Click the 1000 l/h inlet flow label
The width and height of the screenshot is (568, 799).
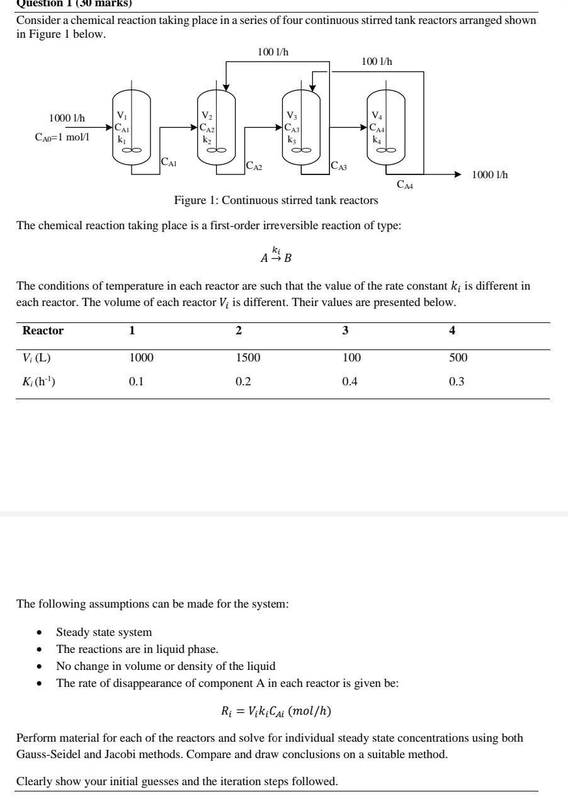click(67, 118)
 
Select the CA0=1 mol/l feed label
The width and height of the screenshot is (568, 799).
click(62, 137)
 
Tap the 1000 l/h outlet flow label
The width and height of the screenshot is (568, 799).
click(489, 174)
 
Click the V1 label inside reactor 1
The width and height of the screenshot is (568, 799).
click(122, 116)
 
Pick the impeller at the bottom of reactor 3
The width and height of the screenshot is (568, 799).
click(300, 150)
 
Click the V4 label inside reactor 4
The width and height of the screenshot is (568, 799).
click(377, 116)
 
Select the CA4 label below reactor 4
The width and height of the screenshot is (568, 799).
click(405, 184)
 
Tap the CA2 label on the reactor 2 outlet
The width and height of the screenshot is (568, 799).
click(254, 166)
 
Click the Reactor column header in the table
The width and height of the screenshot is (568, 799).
click(43, 331)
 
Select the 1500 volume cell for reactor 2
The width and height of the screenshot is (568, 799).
click(248, 358)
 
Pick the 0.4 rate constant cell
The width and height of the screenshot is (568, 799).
click(349, 382)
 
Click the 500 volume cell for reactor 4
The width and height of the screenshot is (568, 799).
click(458, 358)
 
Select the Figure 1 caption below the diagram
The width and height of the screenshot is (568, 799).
click(276, 201)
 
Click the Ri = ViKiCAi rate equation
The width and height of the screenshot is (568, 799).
click(276, 711)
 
